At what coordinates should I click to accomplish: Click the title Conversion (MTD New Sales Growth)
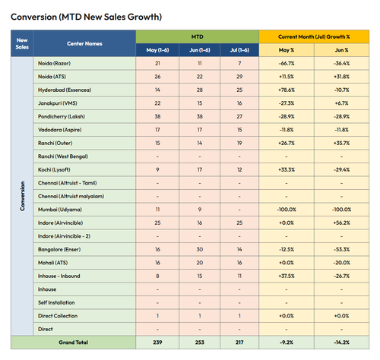pos(86,17)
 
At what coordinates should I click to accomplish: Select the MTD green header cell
pos(198,36)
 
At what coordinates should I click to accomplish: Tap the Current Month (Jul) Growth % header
pos(314,36)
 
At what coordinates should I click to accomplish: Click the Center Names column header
pos(84,43)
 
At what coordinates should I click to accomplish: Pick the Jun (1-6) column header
pos(200,50)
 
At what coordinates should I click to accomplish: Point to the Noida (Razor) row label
pos(54,63)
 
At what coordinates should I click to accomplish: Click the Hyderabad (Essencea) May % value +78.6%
pos(287,90)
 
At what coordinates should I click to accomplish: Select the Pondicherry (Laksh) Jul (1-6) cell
pos(239,116)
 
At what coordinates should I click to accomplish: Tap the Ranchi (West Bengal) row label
pos(63,156)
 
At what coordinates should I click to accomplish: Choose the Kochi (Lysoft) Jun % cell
pos(341,169)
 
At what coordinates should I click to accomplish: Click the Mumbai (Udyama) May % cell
pos(287,210)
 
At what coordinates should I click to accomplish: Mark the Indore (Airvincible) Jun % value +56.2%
pos(341,223)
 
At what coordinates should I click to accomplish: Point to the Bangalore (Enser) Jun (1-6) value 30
pos(200,249)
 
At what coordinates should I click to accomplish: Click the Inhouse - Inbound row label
pos(59,276)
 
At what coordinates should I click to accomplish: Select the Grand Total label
pos(74,343)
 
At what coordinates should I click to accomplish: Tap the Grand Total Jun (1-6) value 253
pos(200,343)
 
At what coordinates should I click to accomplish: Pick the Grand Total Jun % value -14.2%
pos(341,343)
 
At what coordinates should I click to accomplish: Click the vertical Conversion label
pos(22,196)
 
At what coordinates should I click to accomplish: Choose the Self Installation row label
pos(56,302)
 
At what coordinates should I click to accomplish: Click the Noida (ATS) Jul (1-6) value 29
pos(239,77)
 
